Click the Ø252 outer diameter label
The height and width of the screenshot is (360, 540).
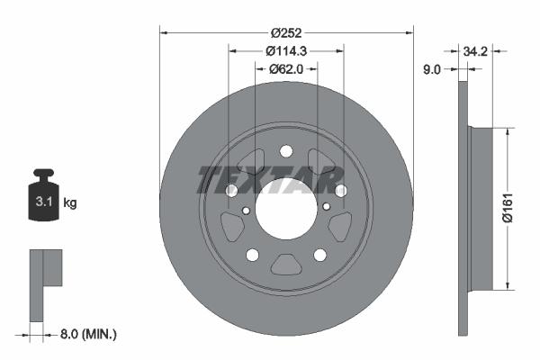[286, 33]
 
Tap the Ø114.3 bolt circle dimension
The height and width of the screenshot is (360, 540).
[286, 51]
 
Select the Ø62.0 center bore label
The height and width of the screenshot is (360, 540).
[286, 69]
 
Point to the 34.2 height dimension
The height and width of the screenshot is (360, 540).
[475, 51]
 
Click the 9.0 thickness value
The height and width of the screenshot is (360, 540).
[431, 69]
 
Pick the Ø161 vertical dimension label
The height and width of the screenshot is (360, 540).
[508, 208]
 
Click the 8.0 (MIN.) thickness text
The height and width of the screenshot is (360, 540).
[88, 334]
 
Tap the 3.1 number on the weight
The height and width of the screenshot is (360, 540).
[44, 202]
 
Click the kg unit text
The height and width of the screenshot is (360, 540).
[70, 202]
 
